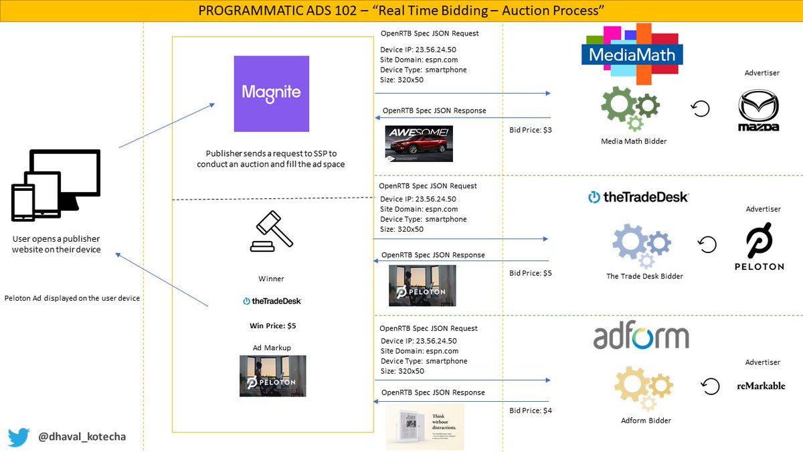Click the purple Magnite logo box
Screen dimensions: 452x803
pos(271,94)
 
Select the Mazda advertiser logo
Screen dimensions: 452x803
pos(758,110)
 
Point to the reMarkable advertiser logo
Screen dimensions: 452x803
pos(761,386)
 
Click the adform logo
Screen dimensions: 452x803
pos(640,337)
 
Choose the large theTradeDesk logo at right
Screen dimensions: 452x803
pos(638,197)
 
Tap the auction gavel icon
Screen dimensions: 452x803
pos(271,232)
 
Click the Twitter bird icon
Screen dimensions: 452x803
pos(19,437)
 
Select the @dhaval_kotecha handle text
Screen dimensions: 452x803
pos(82,437)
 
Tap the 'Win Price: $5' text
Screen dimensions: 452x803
pos(272,326)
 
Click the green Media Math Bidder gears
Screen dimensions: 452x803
pos(630,108)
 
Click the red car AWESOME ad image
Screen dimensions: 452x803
pos(419,143)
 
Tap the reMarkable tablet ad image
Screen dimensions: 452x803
pos(424,426)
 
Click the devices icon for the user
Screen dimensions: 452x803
pos(56,185)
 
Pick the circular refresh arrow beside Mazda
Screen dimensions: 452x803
pos(700,108)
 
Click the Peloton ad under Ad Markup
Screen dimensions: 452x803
pos(272,376)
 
